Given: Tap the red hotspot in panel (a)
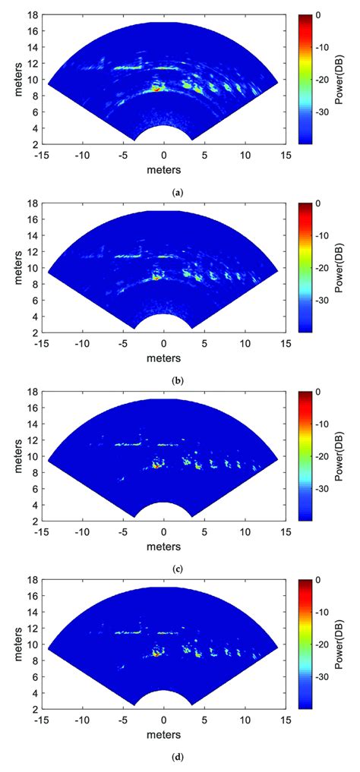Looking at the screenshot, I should pos(157,89).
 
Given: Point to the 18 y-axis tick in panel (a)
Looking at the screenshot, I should pos(33,15).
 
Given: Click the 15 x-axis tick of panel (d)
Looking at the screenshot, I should pos(286,720).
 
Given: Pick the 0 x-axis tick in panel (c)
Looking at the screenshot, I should pos(164,532).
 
